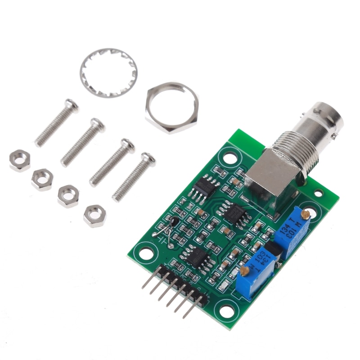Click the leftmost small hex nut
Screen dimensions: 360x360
pos(20,161)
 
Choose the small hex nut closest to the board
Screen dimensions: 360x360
pos(95,216)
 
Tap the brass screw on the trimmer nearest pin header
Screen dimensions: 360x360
pos(244,271)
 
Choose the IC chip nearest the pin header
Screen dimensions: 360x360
pos(197,257)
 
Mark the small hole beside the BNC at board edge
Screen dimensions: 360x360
pos(319,193)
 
